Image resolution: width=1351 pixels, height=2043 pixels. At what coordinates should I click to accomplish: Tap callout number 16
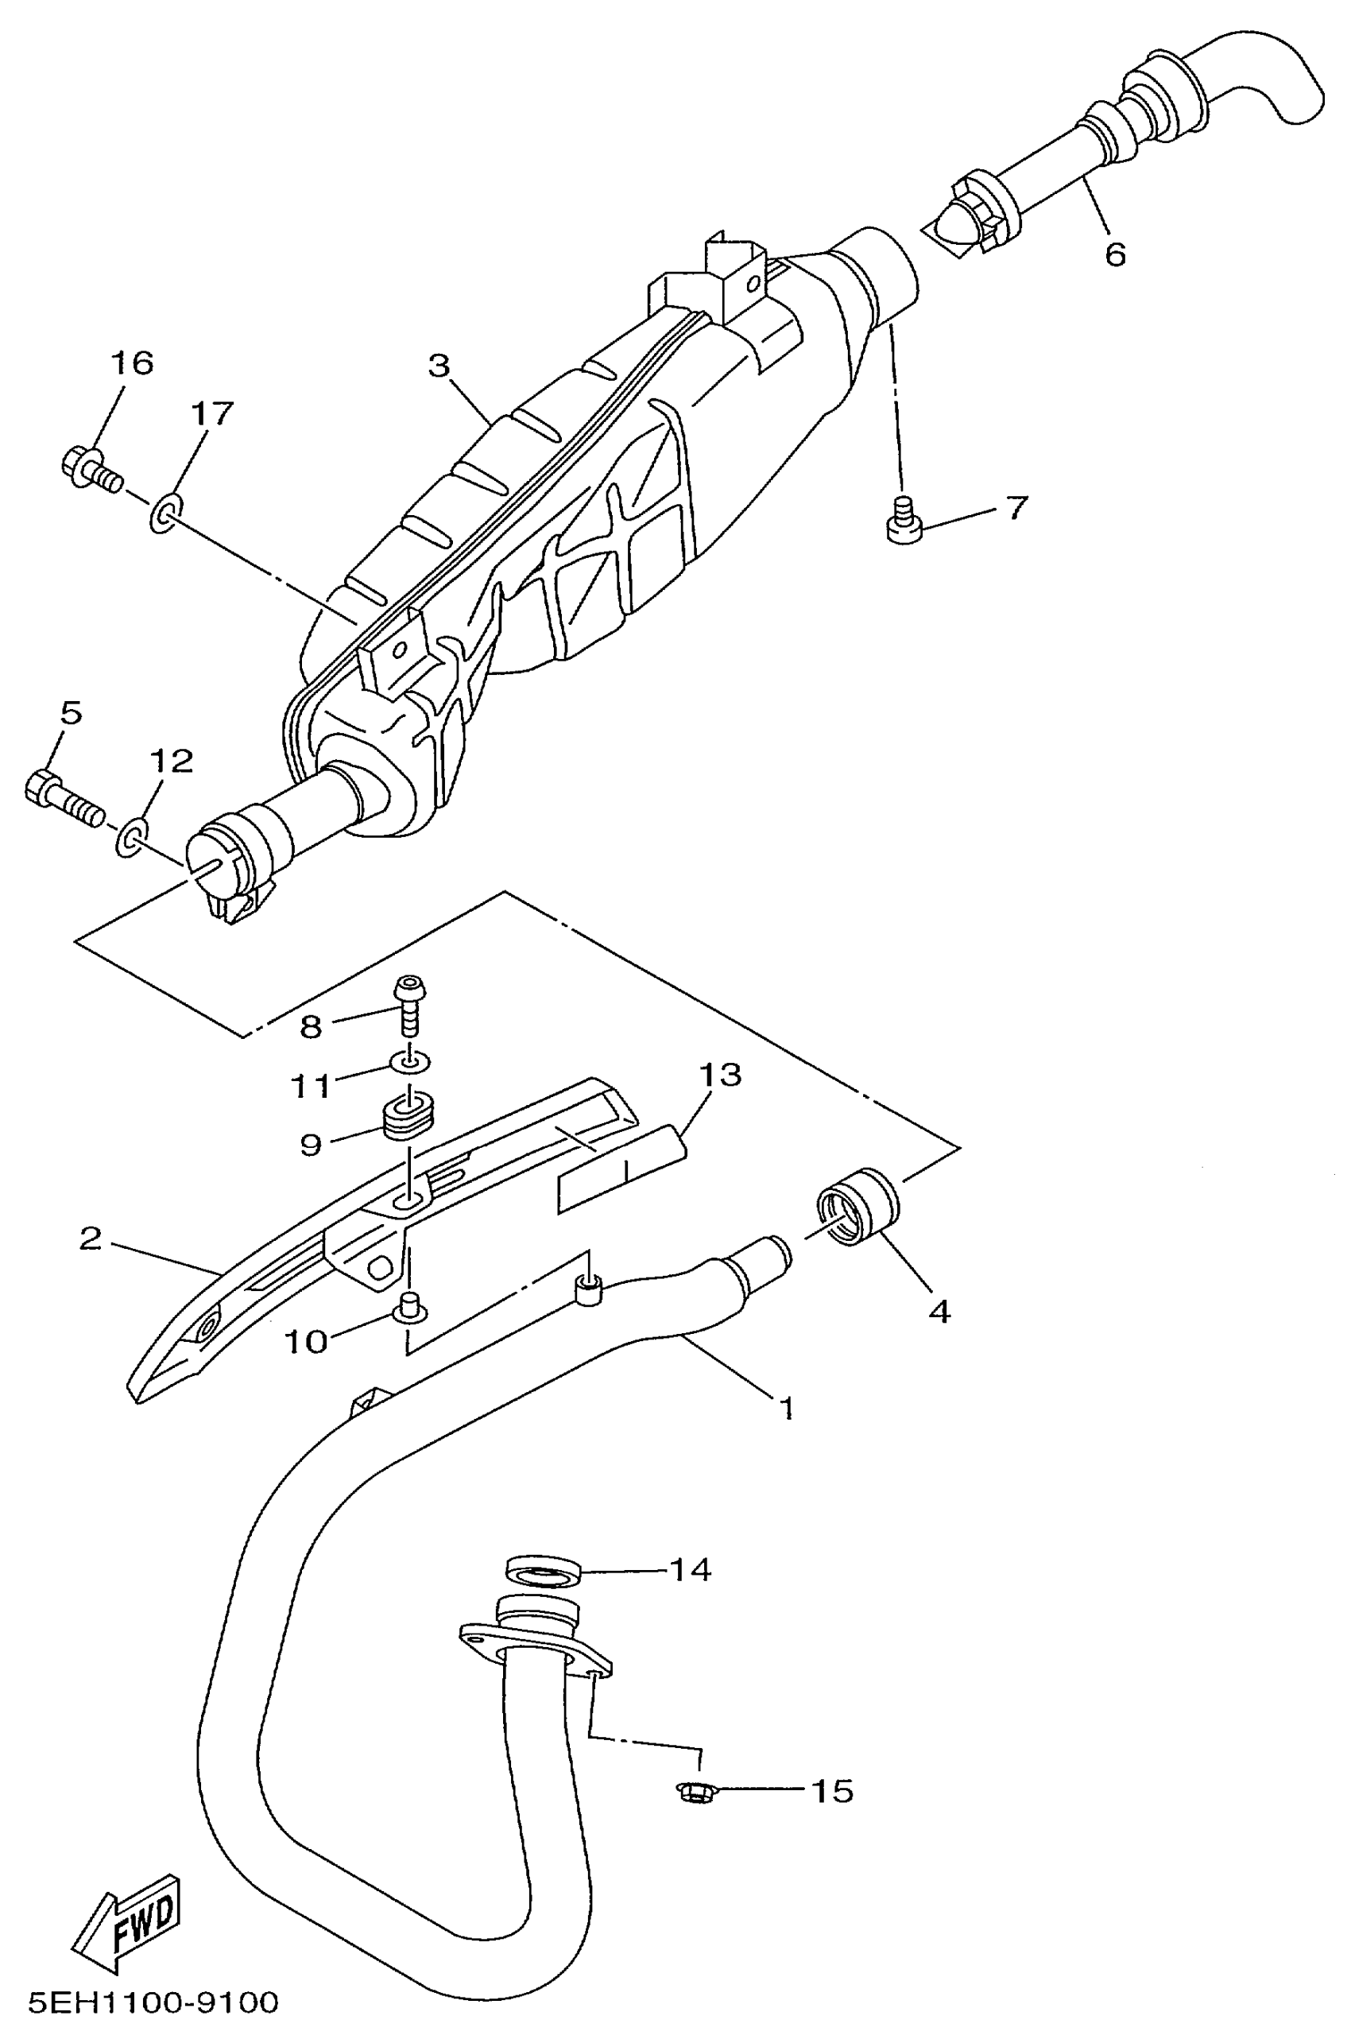pos(132,363)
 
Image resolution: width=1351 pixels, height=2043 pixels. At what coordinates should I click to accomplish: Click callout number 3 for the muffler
pos(439,366)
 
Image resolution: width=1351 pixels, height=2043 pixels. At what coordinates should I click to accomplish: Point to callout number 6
pos(1115,255)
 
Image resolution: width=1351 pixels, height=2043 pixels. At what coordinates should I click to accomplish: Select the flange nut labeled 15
pos(692,1791)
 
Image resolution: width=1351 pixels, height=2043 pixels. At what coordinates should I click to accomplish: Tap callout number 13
pos(719,1076)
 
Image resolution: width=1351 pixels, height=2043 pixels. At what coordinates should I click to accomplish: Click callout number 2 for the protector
pos(91,1239)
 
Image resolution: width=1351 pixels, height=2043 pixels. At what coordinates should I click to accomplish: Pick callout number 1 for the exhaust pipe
pos(786,1409)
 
